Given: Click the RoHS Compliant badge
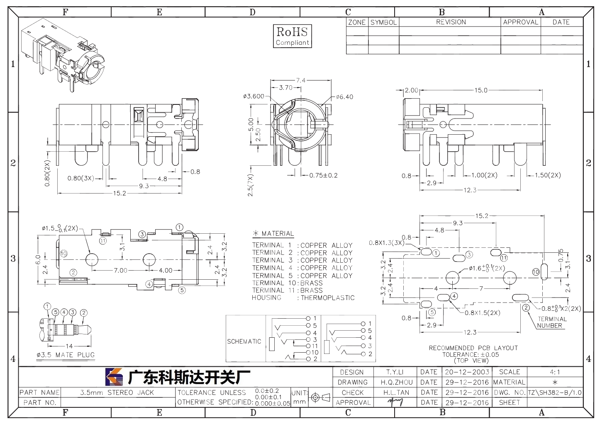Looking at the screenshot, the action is tap(292, 36).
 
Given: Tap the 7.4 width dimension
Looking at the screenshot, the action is tap(300, 80).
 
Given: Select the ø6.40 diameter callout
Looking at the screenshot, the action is tap(345, 97).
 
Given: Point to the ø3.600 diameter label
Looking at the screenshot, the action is tap(254, 96).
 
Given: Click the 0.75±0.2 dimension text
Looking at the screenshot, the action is tap(323, 176).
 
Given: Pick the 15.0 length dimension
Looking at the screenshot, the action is tap(481, 90).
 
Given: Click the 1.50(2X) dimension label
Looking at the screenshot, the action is tap(548, 175).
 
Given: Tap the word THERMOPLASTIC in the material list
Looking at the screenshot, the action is tap(327, 298).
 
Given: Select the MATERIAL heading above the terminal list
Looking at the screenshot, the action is tap(278, 234).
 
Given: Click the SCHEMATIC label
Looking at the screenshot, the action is tap(244, 341).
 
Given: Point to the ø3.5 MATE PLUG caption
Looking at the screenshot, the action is tap(66, 355).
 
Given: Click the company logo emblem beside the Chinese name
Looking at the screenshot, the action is tap(114, 377).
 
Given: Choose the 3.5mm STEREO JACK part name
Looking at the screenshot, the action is tap(117, 392).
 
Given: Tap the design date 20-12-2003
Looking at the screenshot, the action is tap(467, 372).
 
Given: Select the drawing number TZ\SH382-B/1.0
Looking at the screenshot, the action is tap(555, 392).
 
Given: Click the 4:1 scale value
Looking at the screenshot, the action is tap(555, 372).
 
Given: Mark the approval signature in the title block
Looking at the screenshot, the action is tap(395, 402).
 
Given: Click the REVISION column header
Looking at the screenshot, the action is tap(451, 22).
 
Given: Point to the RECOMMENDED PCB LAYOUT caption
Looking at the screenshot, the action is tap(473, 348).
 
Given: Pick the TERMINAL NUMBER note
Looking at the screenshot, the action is tap(552, 322).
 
